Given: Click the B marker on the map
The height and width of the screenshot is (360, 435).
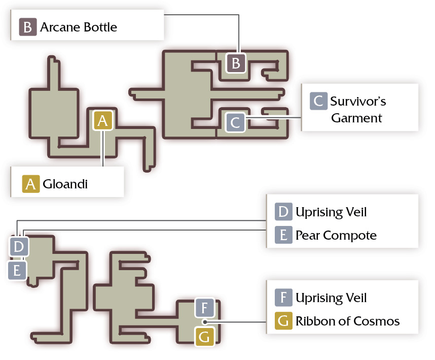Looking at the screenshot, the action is point(236,63).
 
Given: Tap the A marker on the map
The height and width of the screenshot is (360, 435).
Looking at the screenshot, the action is point(103,120).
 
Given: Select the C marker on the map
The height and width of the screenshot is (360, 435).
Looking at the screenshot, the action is point(235,122).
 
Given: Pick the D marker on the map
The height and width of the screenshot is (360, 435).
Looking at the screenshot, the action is point(19,246).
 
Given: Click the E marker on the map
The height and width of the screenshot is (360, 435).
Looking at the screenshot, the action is point(17,270).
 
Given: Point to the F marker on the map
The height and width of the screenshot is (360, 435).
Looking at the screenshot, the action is point(205,308).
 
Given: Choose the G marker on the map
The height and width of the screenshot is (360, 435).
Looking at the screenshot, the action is point(205,337).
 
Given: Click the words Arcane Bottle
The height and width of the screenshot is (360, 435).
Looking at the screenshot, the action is point(79,27).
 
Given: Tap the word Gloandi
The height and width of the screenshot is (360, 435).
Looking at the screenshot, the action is point(65,184).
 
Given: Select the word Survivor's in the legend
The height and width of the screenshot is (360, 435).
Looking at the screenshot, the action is point(358,102).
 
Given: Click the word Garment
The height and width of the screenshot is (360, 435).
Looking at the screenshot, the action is point(356,118).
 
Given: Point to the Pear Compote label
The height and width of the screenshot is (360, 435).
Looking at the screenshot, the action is point(336,235).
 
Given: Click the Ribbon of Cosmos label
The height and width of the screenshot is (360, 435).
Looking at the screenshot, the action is point(347,321).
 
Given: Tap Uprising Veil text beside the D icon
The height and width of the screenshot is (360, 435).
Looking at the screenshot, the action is point(331,212).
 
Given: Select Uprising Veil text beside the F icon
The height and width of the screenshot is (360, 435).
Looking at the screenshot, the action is point(331,298).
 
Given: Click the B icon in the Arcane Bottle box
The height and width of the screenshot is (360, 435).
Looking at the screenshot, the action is point(28,27).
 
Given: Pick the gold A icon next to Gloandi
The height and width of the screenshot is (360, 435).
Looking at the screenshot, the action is point(31,184).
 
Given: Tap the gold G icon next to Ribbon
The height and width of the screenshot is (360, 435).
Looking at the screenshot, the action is point(283,321).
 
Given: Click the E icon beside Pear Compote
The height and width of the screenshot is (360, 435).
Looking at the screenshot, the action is point(283,235).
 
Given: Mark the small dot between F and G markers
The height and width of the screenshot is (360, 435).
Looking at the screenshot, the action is point(205,322).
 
